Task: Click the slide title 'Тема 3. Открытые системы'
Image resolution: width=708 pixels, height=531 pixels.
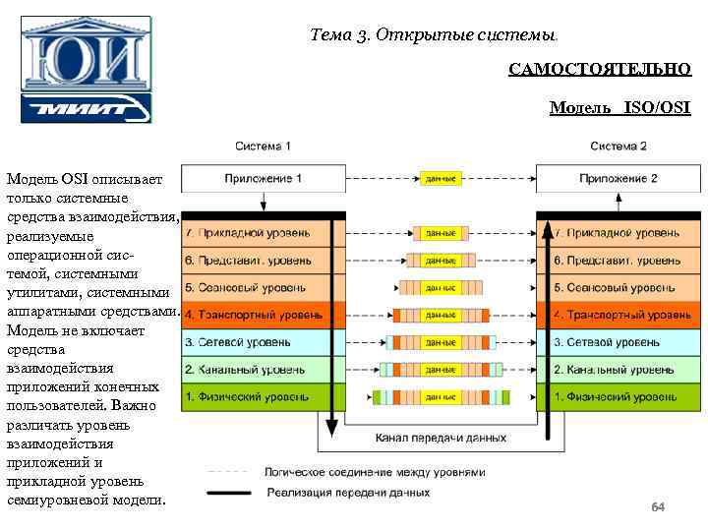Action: [x=433, y=35]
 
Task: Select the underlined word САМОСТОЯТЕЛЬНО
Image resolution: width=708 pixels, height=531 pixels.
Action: [x=600, y=70]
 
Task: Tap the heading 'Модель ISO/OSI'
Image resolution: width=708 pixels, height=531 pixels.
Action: [x=619, y=107]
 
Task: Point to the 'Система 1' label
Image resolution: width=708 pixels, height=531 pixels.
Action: [x=263, y=147]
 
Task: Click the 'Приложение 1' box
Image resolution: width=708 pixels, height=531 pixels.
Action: [x=263, y=179]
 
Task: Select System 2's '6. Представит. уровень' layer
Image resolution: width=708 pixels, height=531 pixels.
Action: [x=617, y=261]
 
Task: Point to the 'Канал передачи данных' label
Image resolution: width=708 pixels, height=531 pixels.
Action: [x=433, y=438]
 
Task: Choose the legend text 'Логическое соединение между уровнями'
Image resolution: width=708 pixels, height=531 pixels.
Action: [x=375, y=472]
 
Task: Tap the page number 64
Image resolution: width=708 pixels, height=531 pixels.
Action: [x=658, y=507]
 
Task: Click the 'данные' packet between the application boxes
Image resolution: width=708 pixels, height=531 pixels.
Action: [x=441, y=179]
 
